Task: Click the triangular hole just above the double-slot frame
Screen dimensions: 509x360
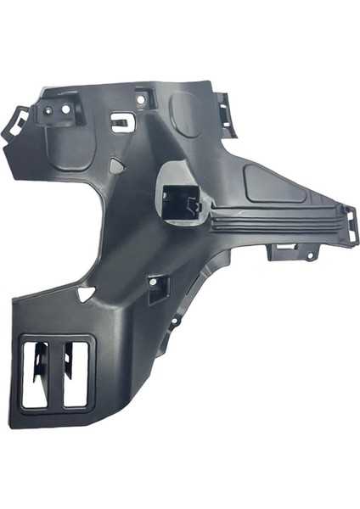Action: tap(84, 294)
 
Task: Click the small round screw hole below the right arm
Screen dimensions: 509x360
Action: tap(311, 255)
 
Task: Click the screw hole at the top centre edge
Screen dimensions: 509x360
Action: tap(141, 98)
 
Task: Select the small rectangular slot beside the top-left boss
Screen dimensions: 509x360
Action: tap(122, 123)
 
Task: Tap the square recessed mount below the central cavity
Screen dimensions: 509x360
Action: tap(159, 288)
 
